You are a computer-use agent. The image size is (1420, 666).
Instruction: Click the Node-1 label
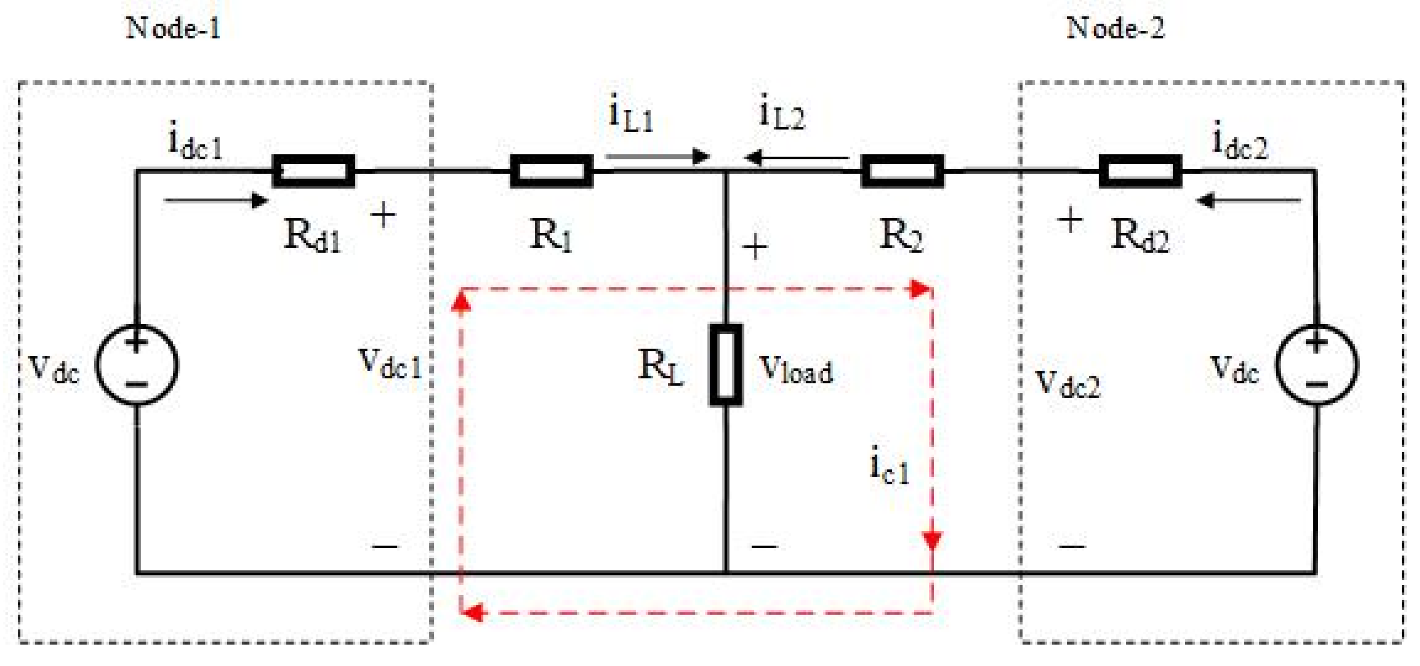pyautogui.click(x=173, y=28)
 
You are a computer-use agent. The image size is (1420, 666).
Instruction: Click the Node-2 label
pyautogui.click(x=1115, y=28)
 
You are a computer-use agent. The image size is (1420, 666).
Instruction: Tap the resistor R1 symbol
pyautogui.click(x=551, y=171)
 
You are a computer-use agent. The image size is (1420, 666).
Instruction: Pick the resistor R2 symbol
pyautogui.click(x=902, y=171)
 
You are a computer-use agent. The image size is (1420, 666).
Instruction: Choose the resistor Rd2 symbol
pyautogui.click(x=1140, y=171)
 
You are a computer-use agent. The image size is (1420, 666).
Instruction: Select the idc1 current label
pyautogui.click(x=195, y=142)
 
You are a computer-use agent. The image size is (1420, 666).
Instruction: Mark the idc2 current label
pyautogui.click(x=1240, y=142)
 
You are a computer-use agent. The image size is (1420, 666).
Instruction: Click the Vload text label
pyautogui.click(x=796, y=370)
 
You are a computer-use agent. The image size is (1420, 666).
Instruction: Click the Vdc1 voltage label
pyautogui.click(x=390, y=364)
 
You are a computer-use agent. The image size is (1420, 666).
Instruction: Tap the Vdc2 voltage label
pyautogui.click(x=1067, y=383)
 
